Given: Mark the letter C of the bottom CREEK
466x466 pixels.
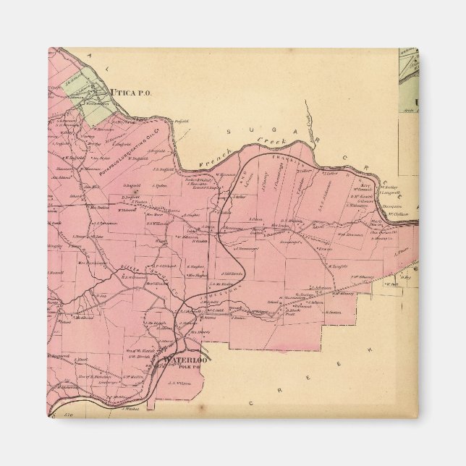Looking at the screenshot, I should pos(276,389).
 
